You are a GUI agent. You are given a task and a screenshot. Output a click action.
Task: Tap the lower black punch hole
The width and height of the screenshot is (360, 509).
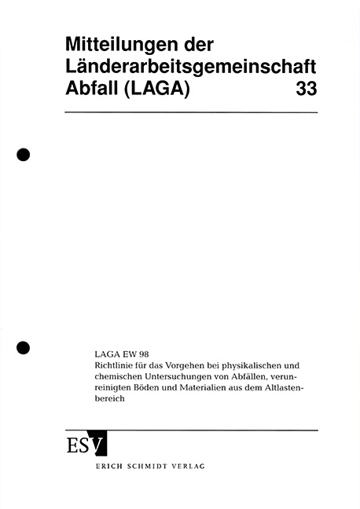tap(24, 346)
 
